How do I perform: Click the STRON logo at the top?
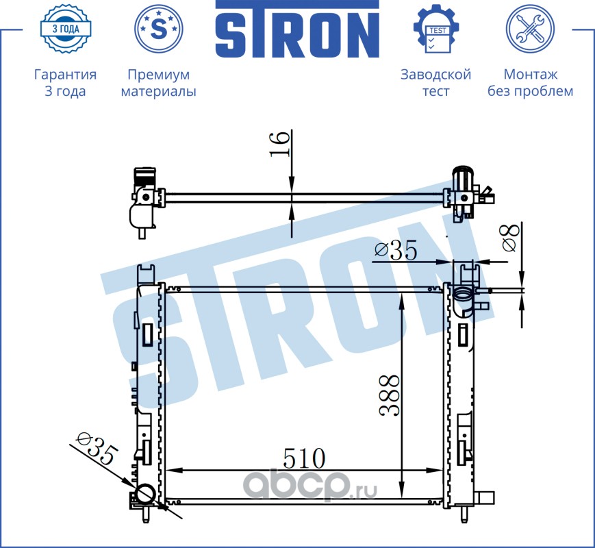point(297,29)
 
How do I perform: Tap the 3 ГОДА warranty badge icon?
point(66,29)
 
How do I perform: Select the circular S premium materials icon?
point(159,29)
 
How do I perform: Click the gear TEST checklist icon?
point(436,29)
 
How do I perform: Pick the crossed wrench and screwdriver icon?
point(530,29)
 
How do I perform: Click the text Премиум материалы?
point(159,83)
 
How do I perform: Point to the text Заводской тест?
point(436,83)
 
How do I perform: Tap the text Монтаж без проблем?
point(530,83)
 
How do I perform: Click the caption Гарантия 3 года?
point(65,83)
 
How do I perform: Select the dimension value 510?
point(304,458)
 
